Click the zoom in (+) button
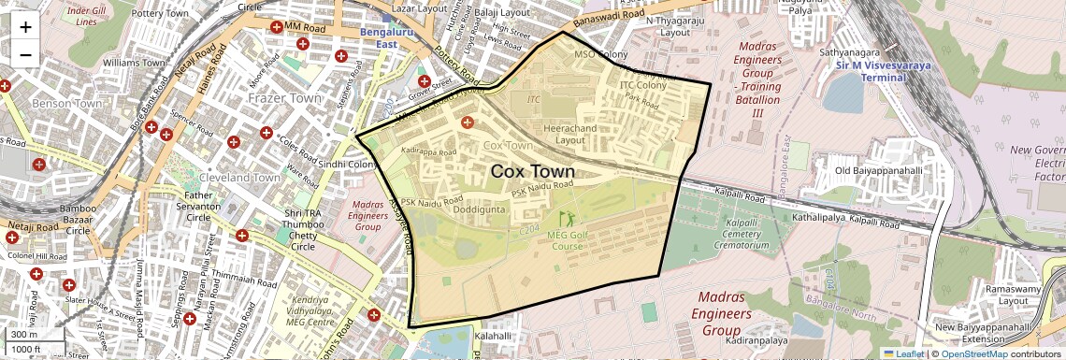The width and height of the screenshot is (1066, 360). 25,26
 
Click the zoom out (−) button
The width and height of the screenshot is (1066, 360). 25,54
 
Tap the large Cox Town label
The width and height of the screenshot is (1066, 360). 532,172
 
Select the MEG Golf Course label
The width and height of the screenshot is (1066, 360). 567,241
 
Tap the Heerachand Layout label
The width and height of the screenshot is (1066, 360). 570,133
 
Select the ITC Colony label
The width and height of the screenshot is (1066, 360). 642,85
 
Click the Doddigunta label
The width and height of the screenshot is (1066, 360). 480,210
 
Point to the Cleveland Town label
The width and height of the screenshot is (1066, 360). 239,178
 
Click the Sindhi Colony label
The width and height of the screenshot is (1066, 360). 347,165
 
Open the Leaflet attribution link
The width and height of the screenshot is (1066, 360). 903,353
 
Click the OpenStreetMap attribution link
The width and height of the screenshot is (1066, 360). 973,353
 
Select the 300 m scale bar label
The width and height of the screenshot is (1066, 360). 24,335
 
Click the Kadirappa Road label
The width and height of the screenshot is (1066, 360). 427,151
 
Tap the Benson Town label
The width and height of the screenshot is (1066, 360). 66,103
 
